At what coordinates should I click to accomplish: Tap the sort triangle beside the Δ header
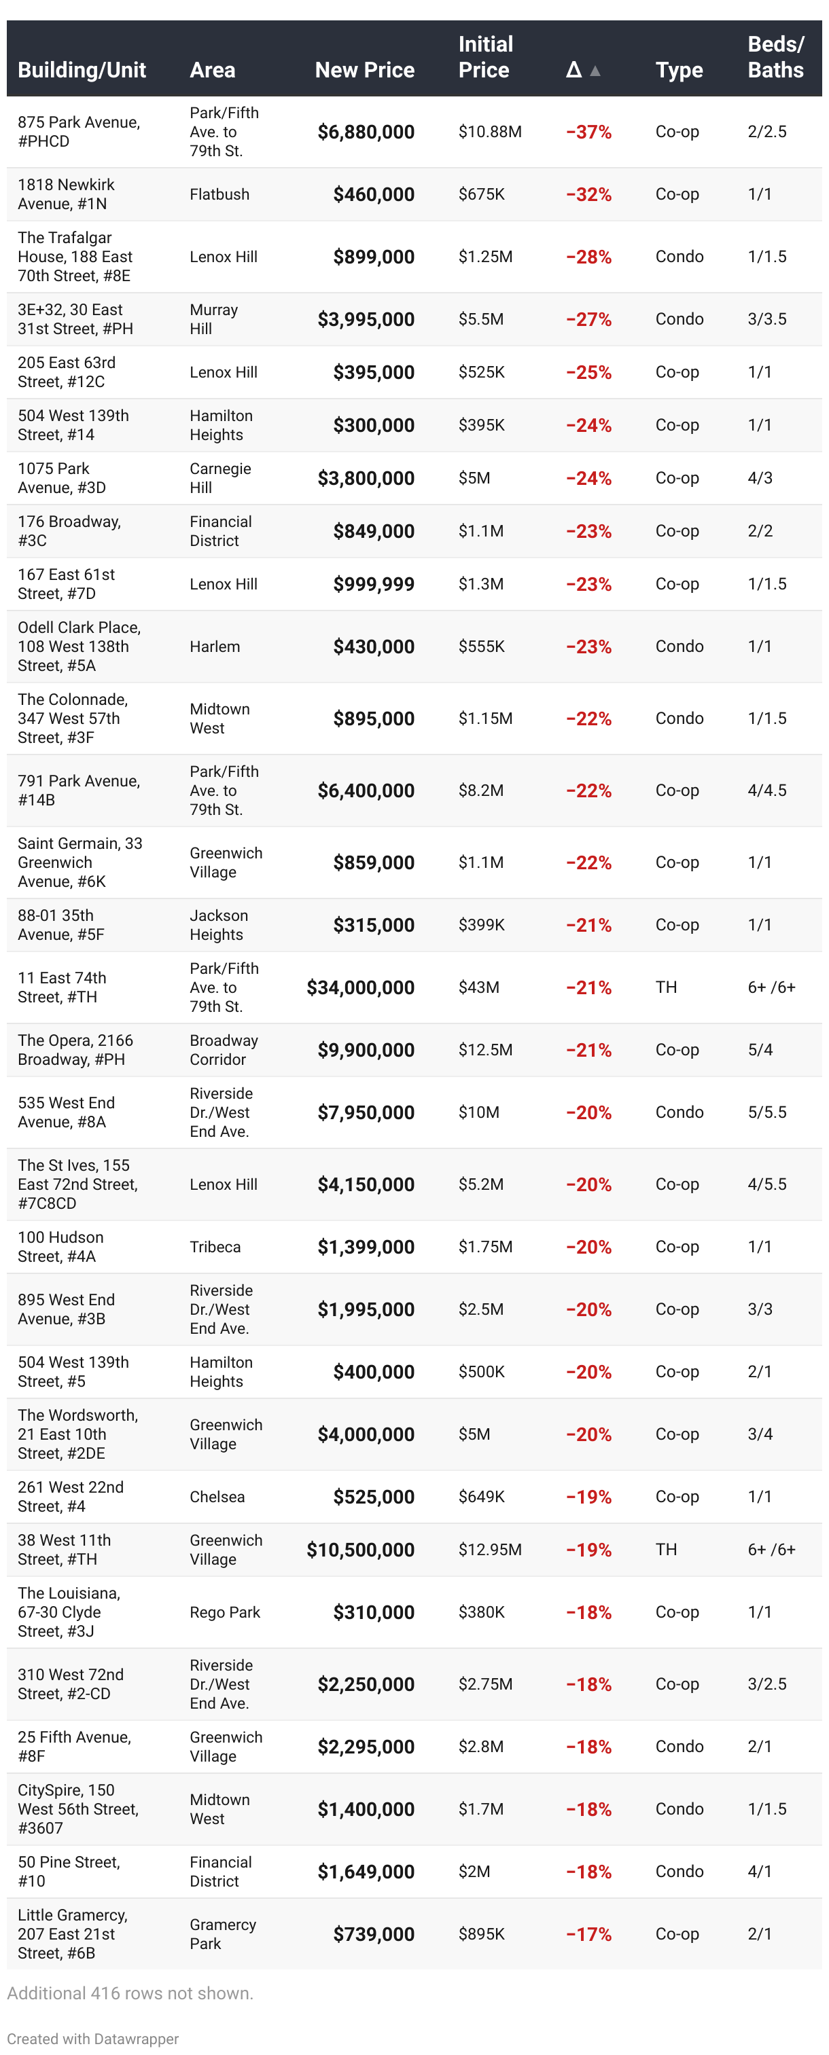595,71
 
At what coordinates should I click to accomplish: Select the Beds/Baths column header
775,58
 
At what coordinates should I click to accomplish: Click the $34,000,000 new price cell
360,987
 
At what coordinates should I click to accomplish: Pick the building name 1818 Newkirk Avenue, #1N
66,194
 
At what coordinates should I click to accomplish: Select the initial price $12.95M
489,1549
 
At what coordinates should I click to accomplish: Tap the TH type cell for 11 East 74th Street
665,987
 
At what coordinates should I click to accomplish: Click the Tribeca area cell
215,1247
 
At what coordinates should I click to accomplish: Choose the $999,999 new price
374,584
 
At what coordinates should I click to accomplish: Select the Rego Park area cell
224,1612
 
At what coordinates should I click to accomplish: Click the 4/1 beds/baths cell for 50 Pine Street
759,1872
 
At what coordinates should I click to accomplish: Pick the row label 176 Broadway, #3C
69,530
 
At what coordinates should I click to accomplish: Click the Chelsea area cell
217,1497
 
